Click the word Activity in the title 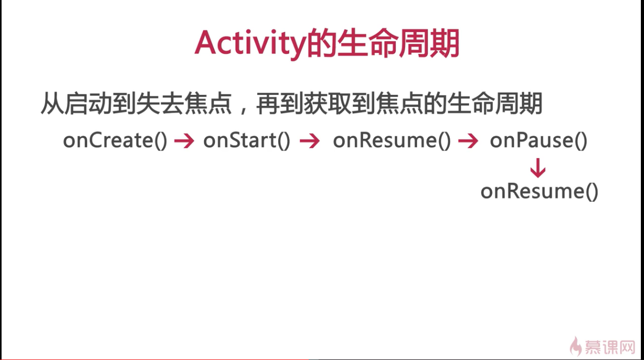coord(250,43)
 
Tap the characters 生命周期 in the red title coord(398,43)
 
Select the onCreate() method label coord(115,140)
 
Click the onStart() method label coord(247,140)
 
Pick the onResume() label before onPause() coord(392,140)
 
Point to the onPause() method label coord(539,140)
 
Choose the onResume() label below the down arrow coord(539,191)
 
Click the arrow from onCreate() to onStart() coord(184,141)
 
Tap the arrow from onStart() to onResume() coord(310,141)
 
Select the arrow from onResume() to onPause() coord(468,141)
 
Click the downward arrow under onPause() coord(538,168)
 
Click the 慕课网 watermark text coord(610,347)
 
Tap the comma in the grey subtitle coord(244,110)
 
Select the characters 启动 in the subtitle coord(88,104)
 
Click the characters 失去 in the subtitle coord(160,104)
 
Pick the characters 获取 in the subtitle coord(327,104)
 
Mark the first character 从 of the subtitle coord(52,104)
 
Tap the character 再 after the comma coord(268,104)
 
